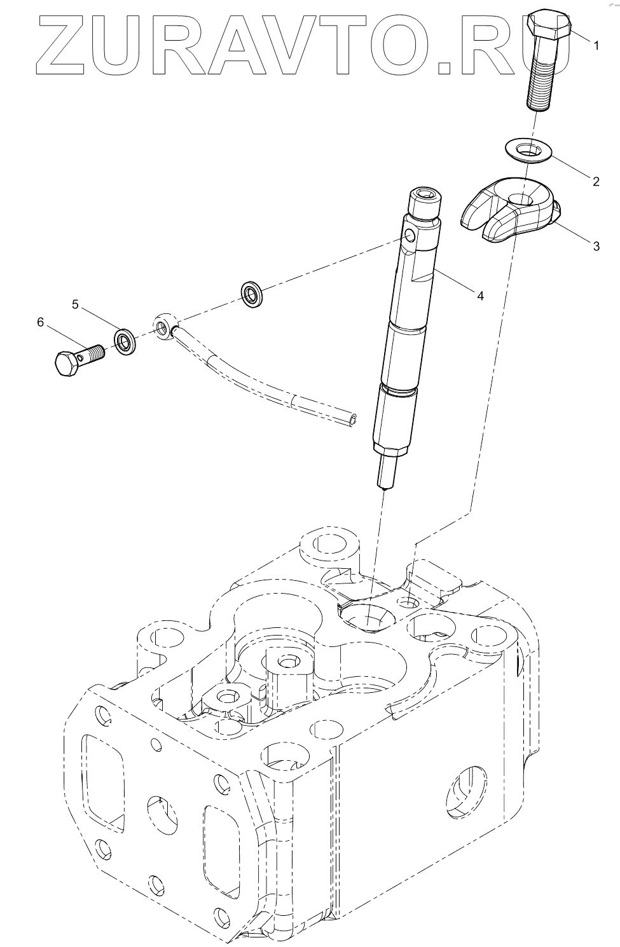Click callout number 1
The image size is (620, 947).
tap(596, 46)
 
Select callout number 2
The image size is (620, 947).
tap(596, 182)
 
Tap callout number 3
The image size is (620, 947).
tap(596, 246)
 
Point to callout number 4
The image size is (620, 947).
tap(480, 296)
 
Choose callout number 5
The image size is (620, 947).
tap(75, 305)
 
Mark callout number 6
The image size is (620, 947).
tap(41, 322)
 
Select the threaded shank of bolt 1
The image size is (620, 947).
tap(542, 83)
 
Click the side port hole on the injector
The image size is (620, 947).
tap(410, 237)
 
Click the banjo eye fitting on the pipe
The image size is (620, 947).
tap(164, 325)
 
